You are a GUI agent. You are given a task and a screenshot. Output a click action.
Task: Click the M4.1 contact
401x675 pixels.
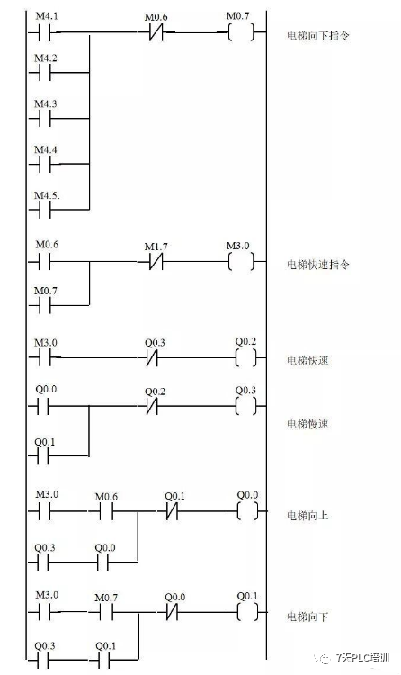pyautogui.click(x=45, y=33)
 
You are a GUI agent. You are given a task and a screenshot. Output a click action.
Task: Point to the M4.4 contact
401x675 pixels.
pyautogui.click(x=45, y=165)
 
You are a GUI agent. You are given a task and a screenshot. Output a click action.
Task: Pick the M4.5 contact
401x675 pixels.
pyautogui.click(x=45, y=209)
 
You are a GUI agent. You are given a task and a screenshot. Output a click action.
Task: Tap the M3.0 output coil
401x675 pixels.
pyautogui.click(x=242, y=263)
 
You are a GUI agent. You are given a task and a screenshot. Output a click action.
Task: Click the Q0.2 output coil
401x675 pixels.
pyautogui.click(x=245, y=358)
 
